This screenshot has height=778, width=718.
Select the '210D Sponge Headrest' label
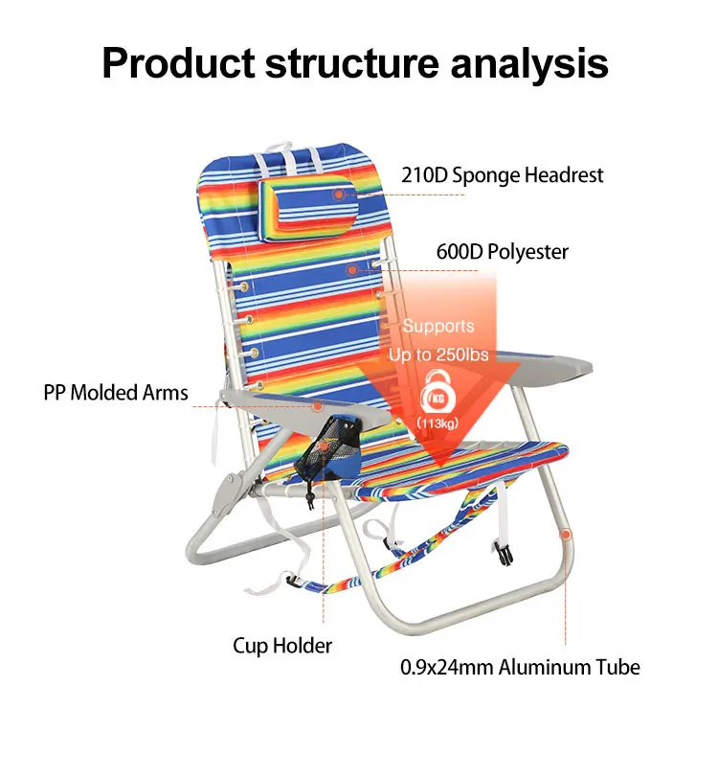click(x=502, y=175)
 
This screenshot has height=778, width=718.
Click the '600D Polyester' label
click(x=502, y=252)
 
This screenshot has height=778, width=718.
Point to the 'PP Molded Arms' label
click(x=116, y=393)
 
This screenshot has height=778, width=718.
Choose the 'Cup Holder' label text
click(x=282, y=646)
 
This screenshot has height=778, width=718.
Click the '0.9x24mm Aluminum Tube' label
click(x=520, y=667)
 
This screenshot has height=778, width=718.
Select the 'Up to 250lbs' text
click(x=438, y=355)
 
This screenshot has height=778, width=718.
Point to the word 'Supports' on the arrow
click(x=438, y=327)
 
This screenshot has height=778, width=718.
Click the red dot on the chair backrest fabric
click(x=351, y=271)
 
